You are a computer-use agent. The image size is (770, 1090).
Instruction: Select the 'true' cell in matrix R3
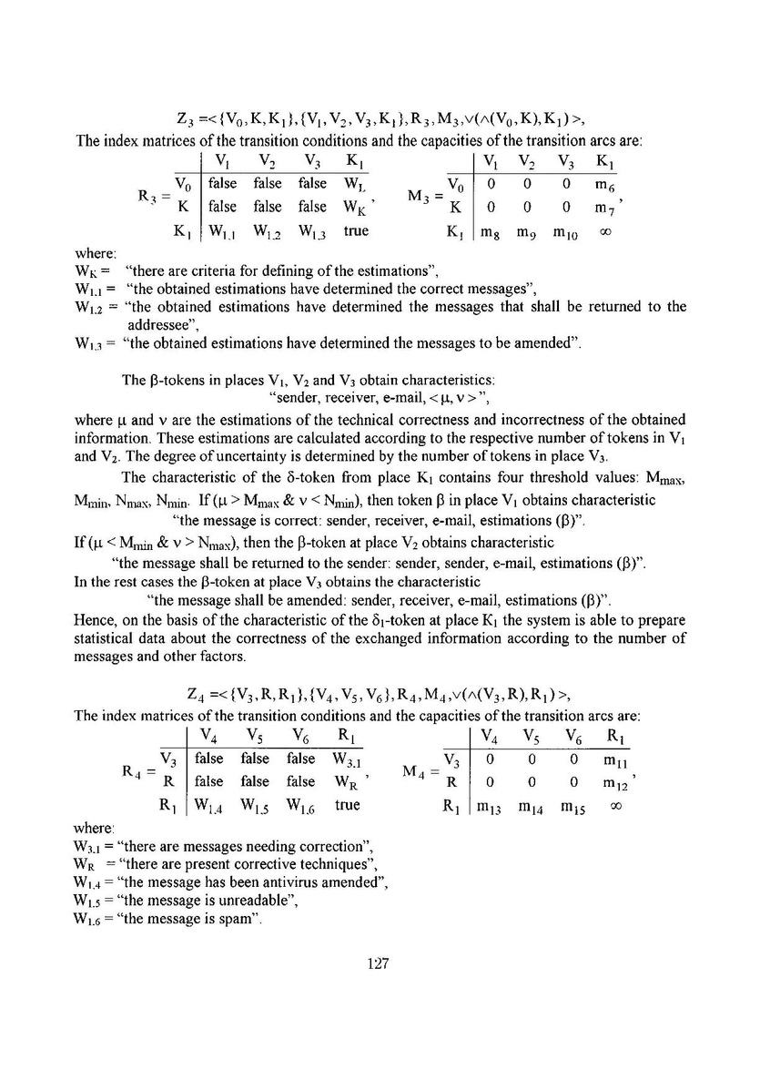pos(356,231)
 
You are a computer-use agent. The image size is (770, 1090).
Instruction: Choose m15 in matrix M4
pos(563,806)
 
